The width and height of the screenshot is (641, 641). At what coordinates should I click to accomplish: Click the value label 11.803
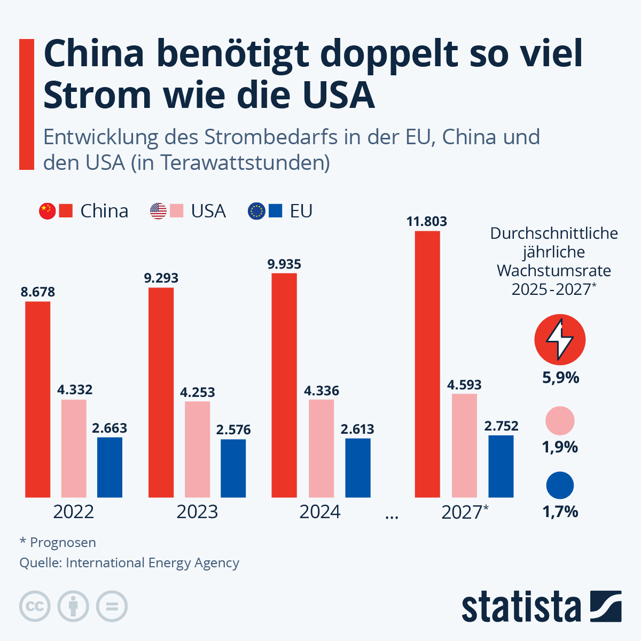coord(427,221)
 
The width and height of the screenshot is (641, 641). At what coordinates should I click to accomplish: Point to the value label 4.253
coord(198,392)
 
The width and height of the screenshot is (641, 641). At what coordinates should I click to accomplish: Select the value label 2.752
coord(501,426)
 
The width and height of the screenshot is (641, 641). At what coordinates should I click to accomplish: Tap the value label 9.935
coord(284,264)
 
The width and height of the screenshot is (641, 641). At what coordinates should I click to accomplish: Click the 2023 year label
coord(197,512)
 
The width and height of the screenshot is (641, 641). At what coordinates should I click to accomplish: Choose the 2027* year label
coord(465,512)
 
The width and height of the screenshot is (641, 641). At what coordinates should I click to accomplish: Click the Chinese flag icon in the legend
coord(47,211)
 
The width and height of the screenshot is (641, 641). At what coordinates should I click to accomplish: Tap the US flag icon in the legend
coord(158,211)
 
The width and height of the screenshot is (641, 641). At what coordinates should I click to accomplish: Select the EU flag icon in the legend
coord(256,211)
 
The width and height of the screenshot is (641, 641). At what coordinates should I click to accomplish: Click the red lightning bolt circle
coord(560,340)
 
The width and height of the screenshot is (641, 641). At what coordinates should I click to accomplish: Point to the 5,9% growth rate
coord(560,378)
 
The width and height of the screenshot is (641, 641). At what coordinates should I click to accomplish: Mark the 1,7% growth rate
coord(560,512)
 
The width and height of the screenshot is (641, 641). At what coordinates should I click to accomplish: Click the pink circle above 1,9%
coord(560,421)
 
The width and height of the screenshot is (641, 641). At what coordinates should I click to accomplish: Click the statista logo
coord(541,607)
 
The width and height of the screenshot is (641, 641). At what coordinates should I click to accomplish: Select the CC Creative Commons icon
coord(35,607)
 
